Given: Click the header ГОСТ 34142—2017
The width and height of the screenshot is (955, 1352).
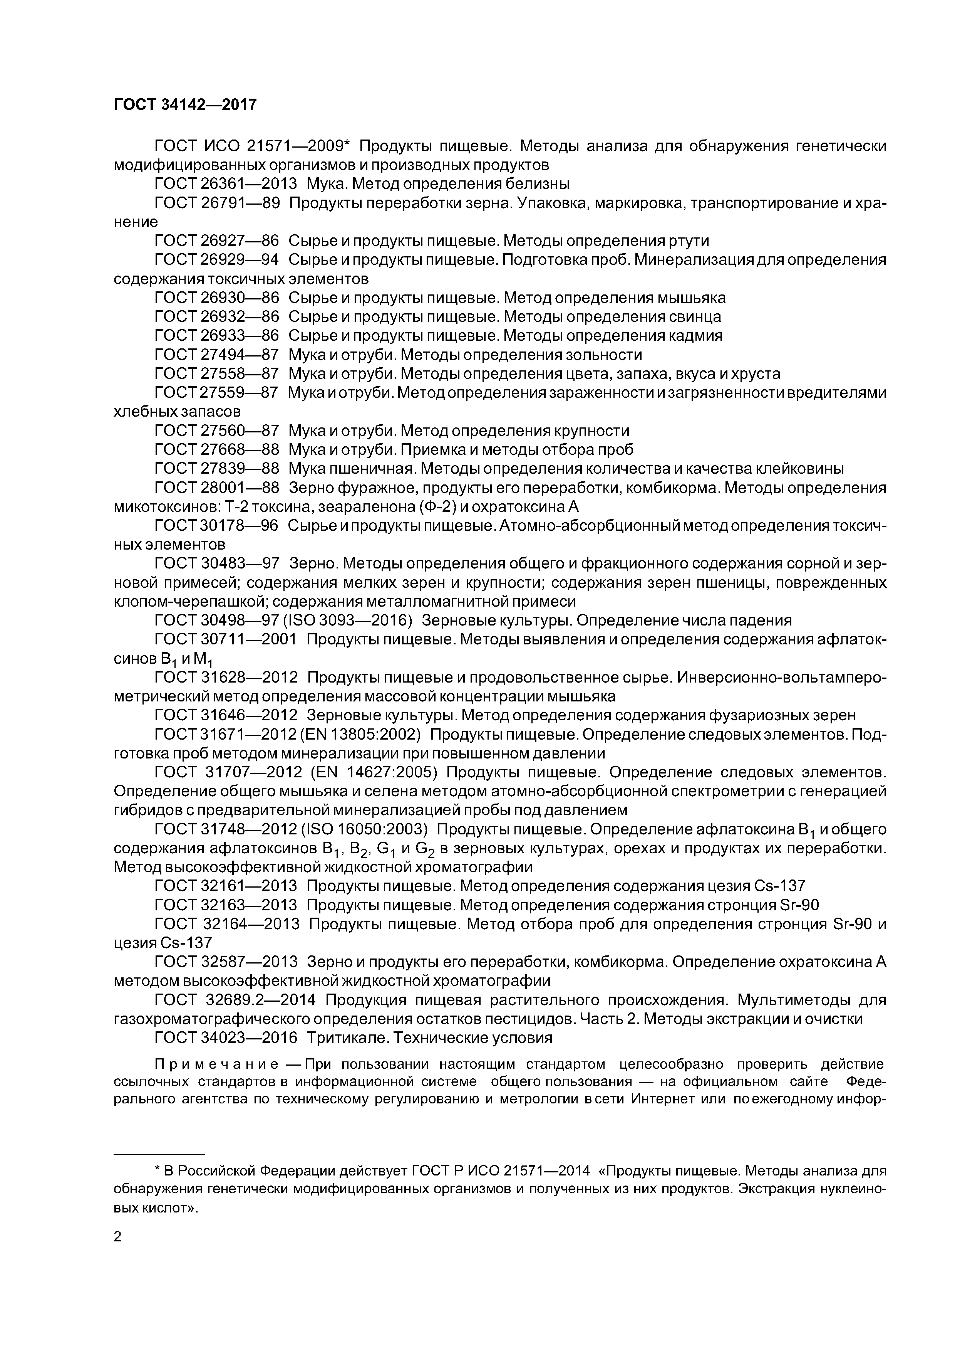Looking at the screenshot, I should [185, 105].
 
